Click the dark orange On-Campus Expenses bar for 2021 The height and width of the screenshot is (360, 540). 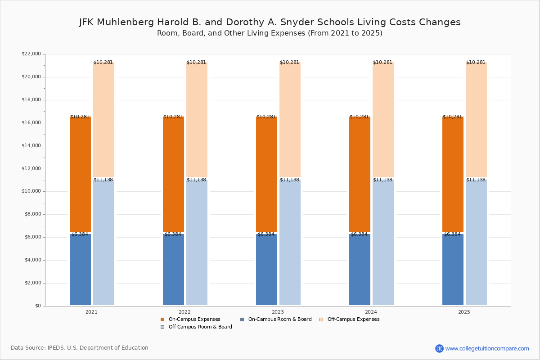pyautogui.click(x=80, y=174)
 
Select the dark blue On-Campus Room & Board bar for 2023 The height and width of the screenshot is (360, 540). pyautogui.click(x=266, y=270)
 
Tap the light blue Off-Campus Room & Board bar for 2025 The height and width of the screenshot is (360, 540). pyautogui.click(x=476, y=242)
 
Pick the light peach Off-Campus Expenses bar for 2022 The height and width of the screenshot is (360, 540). pyautogui.click(x=197, y=120)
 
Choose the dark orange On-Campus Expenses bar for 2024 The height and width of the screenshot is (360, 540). pyautogui.click(x=360, y=174)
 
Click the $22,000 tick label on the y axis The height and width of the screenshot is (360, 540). pyautogui.click(x=31, y=54)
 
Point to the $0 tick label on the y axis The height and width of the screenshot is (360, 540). pyautogui.click(x=38, y=306)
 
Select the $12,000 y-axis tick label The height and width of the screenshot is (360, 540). pyautogui.click(x=31, y=169)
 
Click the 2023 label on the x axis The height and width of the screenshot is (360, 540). pyautogui.click(x=278, y=312)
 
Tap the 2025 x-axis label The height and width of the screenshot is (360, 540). pyautogui.click(x=464, y=312)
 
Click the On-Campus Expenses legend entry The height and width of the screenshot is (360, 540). pyautogui.click(x=190, y=319)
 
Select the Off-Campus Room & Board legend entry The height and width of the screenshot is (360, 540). pyautogui.click(x=196, y=327)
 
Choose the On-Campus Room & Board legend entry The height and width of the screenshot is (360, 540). pyautogui.click(x=276, y=319)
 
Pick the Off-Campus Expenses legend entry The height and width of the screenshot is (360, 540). pyautogui.click(x=349, y=319)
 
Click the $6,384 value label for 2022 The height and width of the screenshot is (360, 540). pyautogui.click(x=173, y=234)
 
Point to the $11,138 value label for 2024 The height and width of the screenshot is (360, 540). pyautogui.click(x=382, y=180)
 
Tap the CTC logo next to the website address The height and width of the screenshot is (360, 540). pyautogui.click(x=439, y=348)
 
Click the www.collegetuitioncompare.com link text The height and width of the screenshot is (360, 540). pyautogui.click(x=487, y=348)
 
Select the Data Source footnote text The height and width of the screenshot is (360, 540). pyautogui.click(x=80, y=348)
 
